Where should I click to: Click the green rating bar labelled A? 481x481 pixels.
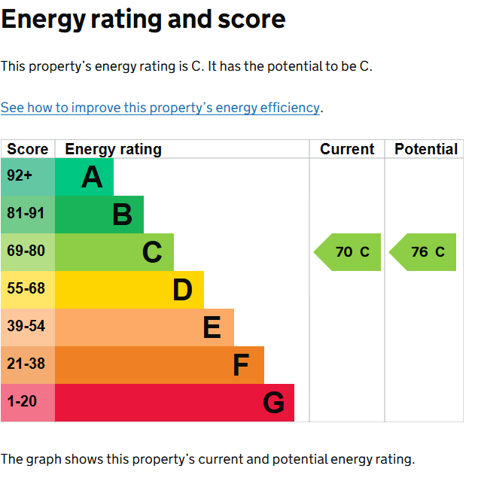pyautogui.click(x=84, y=177)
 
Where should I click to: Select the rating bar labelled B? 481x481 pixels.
pyautogui.click(x=99, y=215)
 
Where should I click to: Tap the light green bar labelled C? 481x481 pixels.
pyautogui.click(x=114, y=252)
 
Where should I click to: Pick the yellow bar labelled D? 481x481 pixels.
pyautogui.click(x=129, y=290)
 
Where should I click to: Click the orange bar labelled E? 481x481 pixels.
pyautogui.click(x=145, y=327)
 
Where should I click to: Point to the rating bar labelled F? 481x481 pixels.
pyautogui.click(x=160, y=365)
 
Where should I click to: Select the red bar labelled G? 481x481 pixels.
pyautogui.click(x=175, y=403)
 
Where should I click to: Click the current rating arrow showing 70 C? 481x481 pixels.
pyautogui.click(x=348, y=252)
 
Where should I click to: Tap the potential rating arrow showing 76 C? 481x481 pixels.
pyautogui.click(x=424, y=252)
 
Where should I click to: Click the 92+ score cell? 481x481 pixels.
pyautogui.click(x=27, y=177)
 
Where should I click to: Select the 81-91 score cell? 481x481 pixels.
pyautogui.click(x=27, y=215)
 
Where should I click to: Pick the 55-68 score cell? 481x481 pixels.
pyautogui.click(x=27, y=290)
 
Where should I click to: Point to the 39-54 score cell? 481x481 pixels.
pyautogui.click(x=27, y=327)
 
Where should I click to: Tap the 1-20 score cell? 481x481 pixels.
pyautogui.click(x=27, y=403)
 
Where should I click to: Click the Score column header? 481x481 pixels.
pyautogui.click(x=27, y=149)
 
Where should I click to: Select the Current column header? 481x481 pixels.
pyautogui.click(x=347, y=149)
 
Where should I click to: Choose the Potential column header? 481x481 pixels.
pyautogui.click(x=426, y=149)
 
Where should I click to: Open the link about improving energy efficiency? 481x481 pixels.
pyautogui.click(x=160, y=108)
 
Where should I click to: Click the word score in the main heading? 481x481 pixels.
pyautogui.click(x=249, y=20)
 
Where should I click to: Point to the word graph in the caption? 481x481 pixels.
pyautogui.click(x=44, y=458)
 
